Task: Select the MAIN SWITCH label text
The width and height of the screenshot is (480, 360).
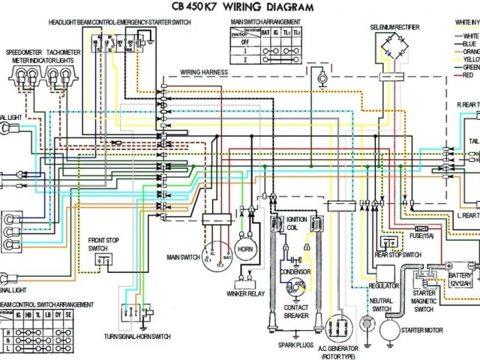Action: pyautogui.click(x=183, y=257)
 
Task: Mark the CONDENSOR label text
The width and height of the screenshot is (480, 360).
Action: pyautogui.click(x=295, y=271)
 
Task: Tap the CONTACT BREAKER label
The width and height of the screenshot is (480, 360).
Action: pyautogui.click(x=295, y=311)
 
